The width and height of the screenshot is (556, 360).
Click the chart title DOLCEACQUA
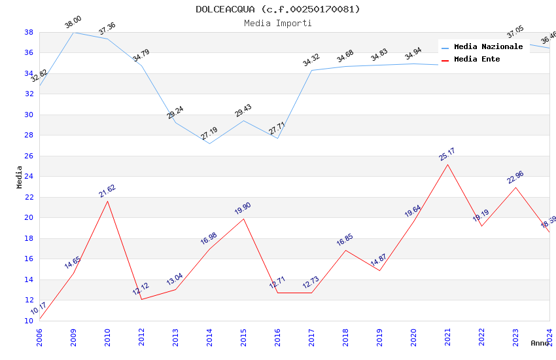[277, 9]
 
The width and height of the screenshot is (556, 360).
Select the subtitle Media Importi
[277, 24]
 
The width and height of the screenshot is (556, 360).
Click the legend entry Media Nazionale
[488, 46]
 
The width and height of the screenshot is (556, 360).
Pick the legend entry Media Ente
[476, 59]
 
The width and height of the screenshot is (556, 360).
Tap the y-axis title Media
[20, 177]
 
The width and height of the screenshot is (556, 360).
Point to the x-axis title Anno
[540, 343]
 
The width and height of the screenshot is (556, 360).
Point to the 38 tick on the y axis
[29, 32]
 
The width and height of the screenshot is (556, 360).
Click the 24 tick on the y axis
[29, 176]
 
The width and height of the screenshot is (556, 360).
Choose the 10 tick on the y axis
[29, 321]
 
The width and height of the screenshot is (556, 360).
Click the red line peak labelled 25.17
[447, 164]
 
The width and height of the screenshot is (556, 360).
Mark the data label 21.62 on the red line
[107, 190]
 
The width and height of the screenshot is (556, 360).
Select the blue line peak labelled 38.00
[73, 32]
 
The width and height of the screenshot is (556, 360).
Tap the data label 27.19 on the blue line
[209, 134]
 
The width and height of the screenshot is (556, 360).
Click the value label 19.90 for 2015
[243, 209]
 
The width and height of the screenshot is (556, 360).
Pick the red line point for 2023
[515, 187]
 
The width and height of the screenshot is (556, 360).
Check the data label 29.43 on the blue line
[243, 111]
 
